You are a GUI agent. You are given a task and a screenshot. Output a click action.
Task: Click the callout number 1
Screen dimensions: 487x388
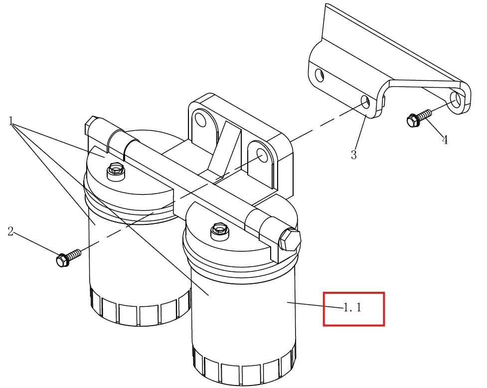tap(11, 121)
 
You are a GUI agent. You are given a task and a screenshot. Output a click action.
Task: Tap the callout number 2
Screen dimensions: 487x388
tap(10, 231)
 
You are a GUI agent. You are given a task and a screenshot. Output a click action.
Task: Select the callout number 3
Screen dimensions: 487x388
tap(354, 155)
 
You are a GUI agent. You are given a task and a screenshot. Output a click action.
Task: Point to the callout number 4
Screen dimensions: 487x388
tap(445, 140)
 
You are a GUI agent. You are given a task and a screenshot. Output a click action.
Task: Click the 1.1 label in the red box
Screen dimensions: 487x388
tap(352, 307)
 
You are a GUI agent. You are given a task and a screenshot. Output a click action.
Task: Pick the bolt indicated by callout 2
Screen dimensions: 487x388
tap(68, 257)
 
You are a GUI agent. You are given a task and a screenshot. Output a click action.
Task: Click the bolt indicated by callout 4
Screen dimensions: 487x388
tap(418, 118)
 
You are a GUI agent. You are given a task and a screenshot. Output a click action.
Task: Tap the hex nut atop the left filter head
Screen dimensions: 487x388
tap(116, 171)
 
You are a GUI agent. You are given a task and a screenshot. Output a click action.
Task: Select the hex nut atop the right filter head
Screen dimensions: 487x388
tap(220, 231)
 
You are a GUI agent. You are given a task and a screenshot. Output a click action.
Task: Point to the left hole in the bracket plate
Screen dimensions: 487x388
tap(320, 75)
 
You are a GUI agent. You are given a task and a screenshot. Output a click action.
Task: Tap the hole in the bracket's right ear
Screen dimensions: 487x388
tap(456, 99)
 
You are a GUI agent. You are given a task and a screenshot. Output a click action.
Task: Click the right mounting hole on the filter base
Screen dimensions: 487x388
tap(262, 155)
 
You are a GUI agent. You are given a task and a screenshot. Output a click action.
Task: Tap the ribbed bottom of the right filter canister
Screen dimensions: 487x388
tap(244, 366)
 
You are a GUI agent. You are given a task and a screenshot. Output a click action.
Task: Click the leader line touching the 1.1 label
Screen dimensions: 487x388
tap(315, 305)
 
